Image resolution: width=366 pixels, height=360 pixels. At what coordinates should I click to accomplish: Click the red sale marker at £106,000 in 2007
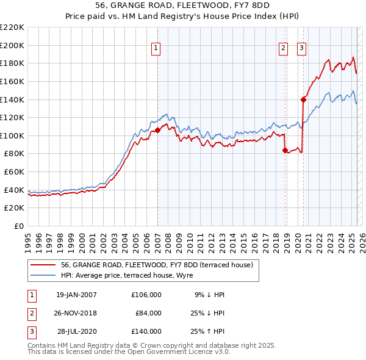[157, 130]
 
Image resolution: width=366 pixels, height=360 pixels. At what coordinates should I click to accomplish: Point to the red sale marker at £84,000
[285, 150]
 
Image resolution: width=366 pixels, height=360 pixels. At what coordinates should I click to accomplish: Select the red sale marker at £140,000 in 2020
[303, 99]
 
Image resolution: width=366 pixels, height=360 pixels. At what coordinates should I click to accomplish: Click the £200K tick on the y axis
[13, 45]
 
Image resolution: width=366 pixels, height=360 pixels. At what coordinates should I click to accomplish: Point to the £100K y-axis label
[13, 135]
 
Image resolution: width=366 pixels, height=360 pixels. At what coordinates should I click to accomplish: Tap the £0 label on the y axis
[18, 226]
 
